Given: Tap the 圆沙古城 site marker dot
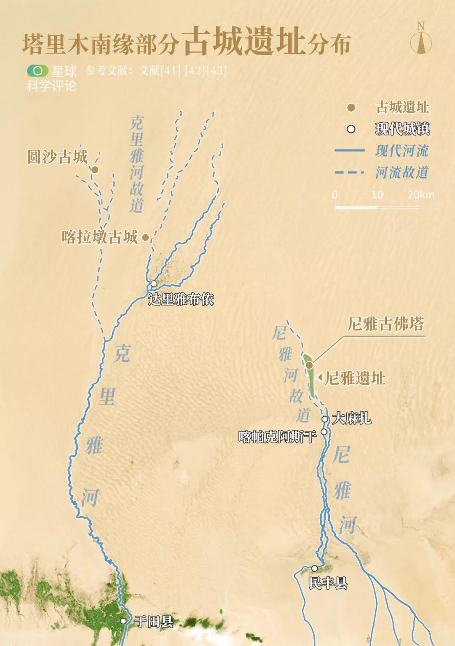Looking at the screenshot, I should pos(95,170).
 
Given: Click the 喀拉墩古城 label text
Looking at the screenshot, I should pos(100,237).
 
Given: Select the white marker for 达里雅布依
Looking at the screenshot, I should pos(154,284).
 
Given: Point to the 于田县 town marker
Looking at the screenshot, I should pos(123,621).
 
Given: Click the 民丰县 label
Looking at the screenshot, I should pos(328,583).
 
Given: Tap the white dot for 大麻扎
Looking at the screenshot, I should pos(325,419).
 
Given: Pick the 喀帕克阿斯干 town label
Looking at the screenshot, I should pos(277,437).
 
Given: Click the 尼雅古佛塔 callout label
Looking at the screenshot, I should pos(385,324).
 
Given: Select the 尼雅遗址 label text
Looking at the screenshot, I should pos(355,378).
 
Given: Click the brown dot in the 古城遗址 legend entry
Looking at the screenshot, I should pos(351,108).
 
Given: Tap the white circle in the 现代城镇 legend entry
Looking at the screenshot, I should pos(351,129).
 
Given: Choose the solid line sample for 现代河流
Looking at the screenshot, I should pos(349,150).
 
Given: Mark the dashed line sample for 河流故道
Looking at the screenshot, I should pos(349,172).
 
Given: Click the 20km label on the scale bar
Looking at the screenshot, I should pos(420,194).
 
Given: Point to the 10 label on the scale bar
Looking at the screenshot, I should pos(377,194).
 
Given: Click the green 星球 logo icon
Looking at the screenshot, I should pos(37,70).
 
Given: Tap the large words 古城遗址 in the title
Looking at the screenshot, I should pos(244,42).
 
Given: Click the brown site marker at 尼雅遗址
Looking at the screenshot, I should pos(309,365).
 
